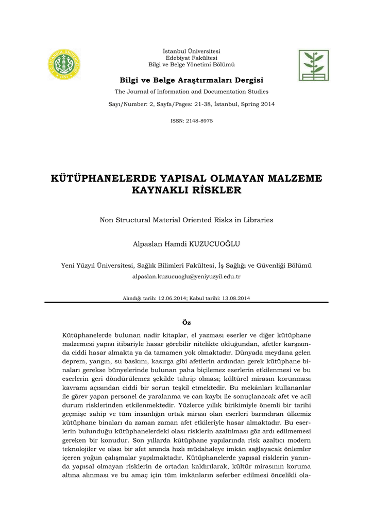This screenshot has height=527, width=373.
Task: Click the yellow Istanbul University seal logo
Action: [64, 64]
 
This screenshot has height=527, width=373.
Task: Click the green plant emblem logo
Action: [313, 65]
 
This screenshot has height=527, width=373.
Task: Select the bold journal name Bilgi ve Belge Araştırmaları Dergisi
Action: [191, 80]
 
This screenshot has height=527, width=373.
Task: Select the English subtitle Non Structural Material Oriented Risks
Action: [186, 220]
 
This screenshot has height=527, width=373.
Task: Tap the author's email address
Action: [186, 276]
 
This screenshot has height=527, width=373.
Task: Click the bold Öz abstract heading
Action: [186, 322]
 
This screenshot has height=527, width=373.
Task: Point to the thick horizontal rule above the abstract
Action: [186, 303]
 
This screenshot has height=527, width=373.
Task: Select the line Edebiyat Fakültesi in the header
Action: [191, 58]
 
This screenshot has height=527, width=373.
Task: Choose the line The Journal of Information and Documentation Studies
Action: [191, 92]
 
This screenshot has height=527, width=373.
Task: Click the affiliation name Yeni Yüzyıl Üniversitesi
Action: [97, 266]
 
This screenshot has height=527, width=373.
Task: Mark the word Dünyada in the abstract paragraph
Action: [248, 353]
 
